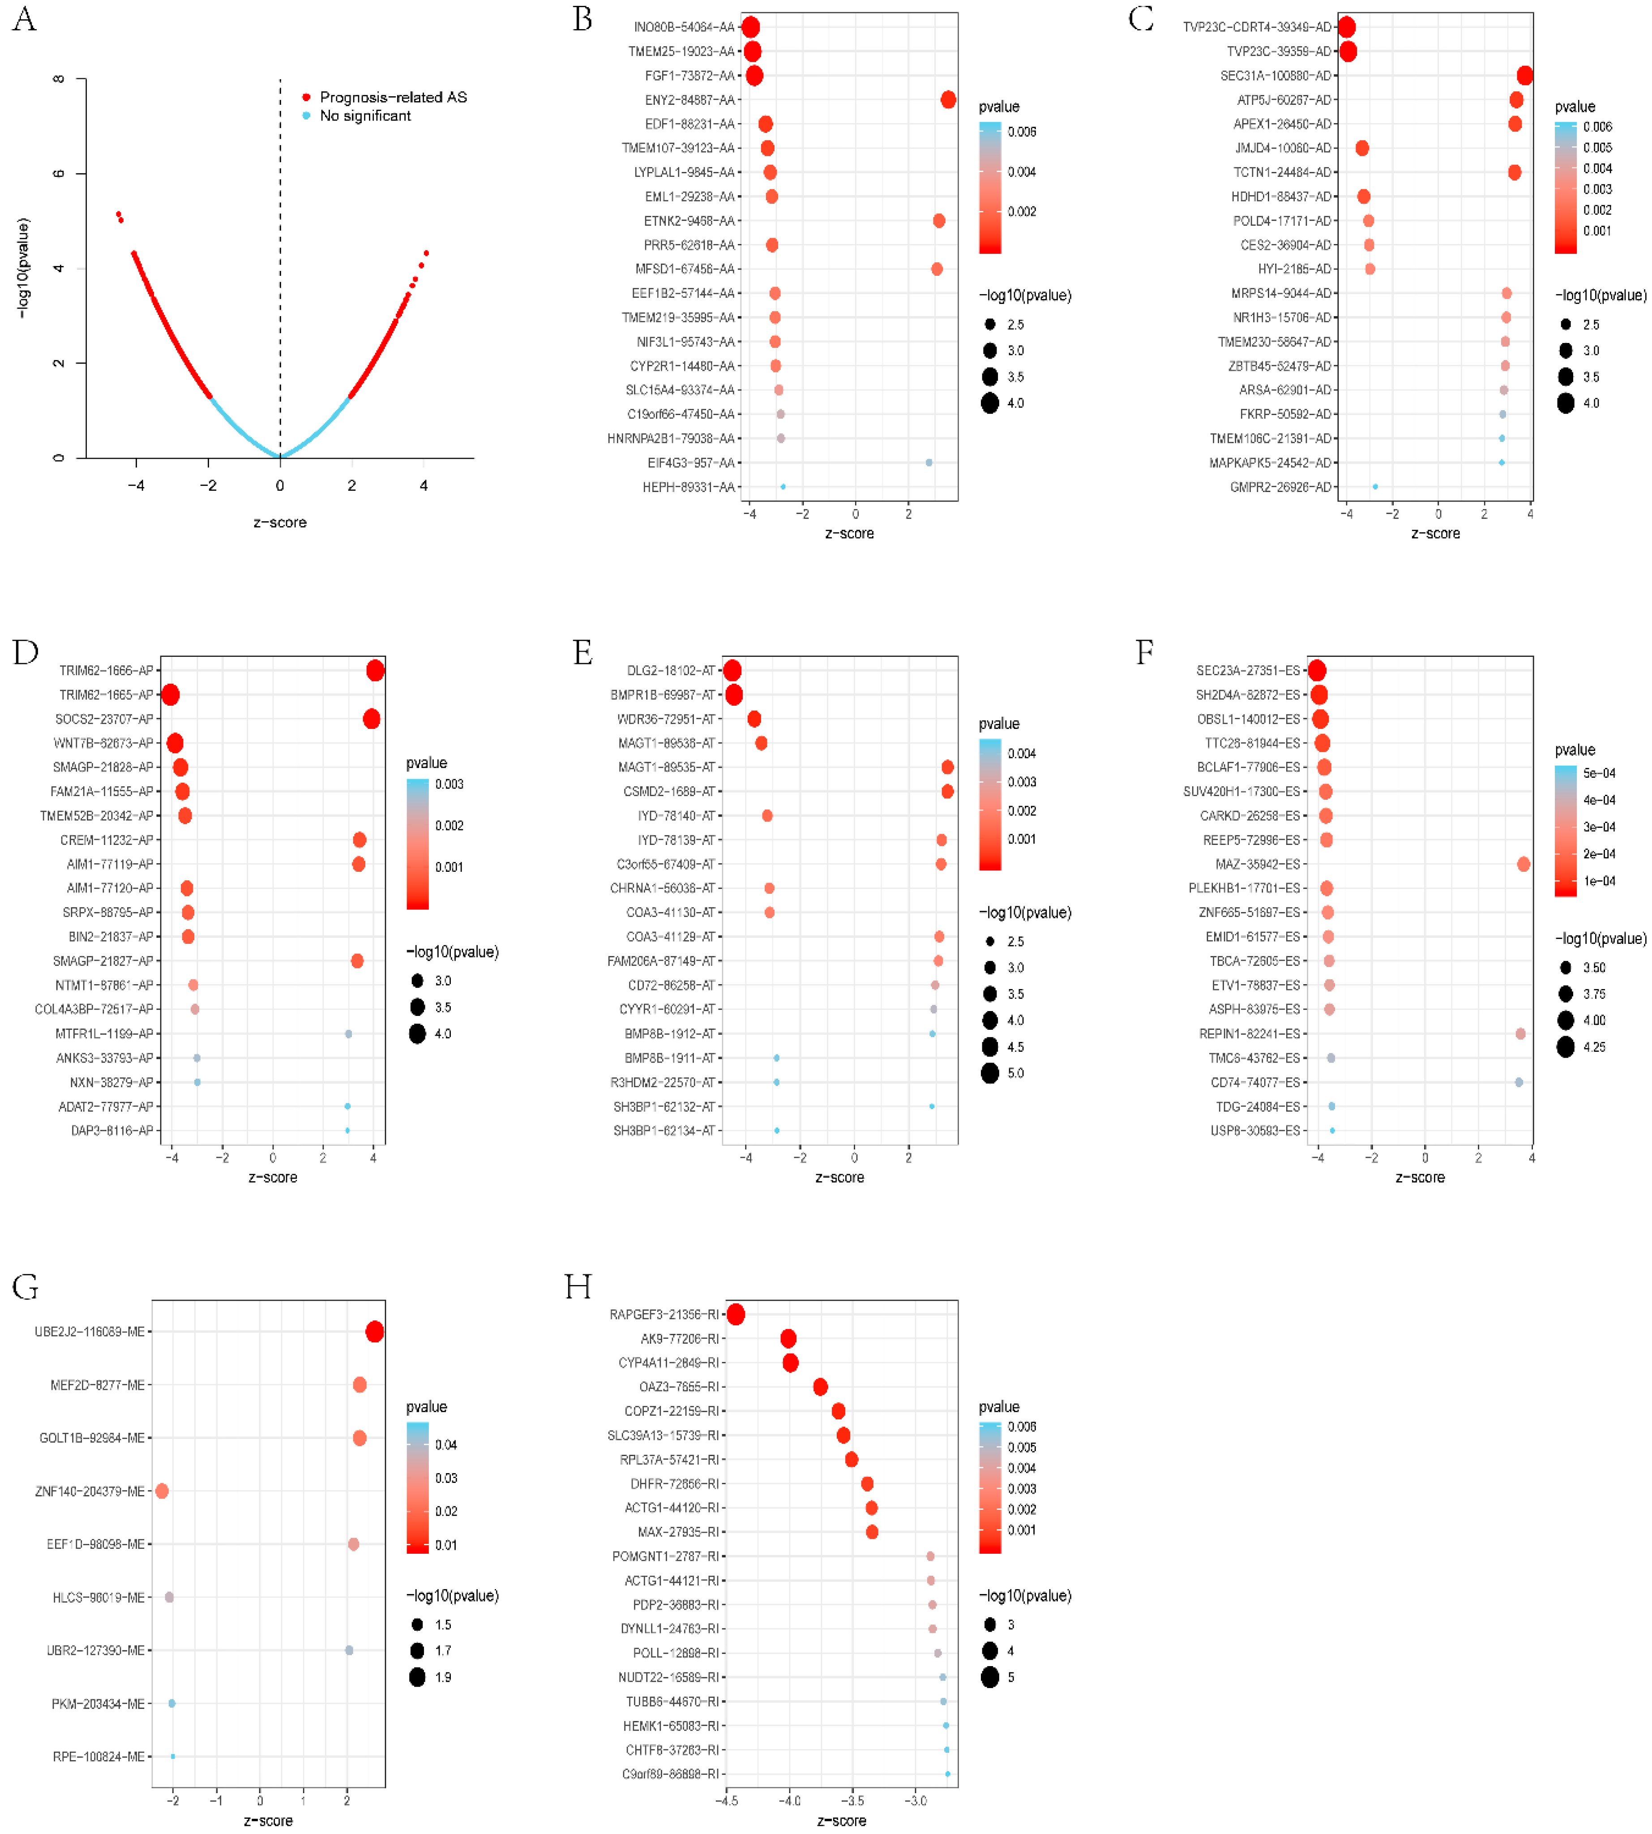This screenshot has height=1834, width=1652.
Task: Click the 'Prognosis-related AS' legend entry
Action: [392, 97]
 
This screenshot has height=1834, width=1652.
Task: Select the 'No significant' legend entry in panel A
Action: [365, 116]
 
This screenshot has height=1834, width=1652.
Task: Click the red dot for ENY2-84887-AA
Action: [948, 100]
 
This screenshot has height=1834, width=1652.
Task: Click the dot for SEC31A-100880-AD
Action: [1525, 75]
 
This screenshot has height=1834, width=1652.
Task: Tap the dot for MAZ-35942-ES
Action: [1523, 864]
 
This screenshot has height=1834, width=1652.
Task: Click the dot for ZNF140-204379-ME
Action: [162, 1491]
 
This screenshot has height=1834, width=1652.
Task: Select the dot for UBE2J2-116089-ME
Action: [374, 1332]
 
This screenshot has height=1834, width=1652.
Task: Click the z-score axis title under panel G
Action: [269, 1821]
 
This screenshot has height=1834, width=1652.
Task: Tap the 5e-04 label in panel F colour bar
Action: [1599, 774]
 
